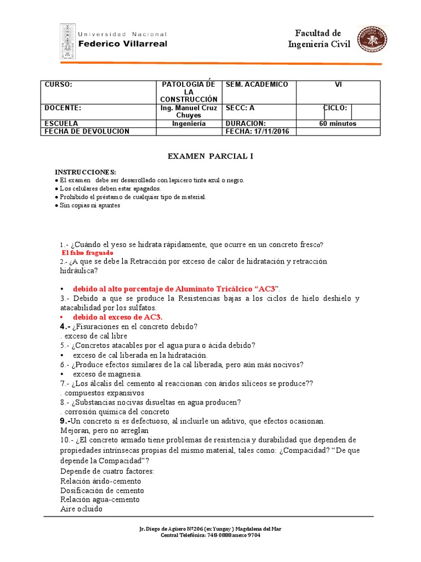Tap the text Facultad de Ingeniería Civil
(318, 39)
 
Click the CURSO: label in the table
(58, 85)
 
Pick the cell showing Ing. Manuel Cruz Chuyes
(189, 111)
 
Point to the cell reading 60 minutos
(338, 123)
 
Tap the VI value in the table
(338, 85)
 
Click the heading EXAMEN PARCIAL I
(210, 156)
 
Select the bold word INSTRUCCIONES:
(85, 172)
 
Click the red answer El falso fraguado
(88, 252)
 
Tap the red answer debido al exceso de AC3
(117, 317)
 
